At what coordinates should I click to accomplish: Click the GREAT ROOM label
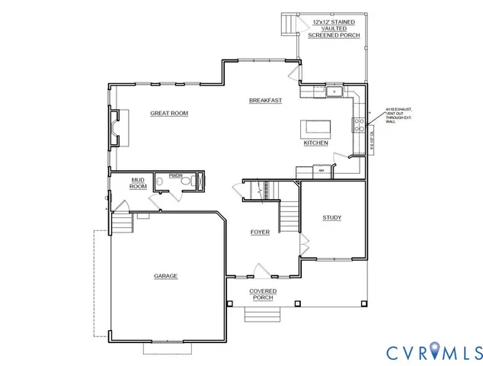(168, 114)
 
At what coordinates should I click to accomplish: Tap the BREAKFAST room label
(266, 101)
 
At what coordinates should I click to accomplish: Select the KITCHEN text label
(315, 143)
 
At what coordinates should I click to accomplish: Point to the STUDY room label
(331, 218)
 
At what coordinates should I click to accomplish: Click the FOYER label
(260, 232)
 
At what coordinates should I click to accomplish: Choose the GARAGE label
(165, 276)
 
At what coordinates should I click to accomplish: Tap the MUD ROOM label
(138, 183)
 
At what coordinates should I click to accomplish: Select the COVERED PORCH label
(264, 294)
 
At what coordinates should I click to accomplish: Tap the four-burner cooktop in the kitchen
(356, 124)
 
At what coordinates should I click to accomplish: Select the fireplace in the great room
(114, 127)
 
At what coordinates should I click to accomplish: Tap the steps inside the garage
(121, 225)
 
